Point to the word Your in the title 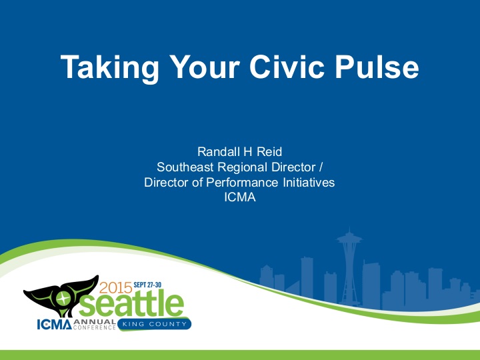[199, 68]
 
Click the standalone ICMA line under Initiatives [239, 197]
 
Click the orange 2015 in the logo [116, 289]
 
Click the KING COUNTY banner [155, 325]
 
